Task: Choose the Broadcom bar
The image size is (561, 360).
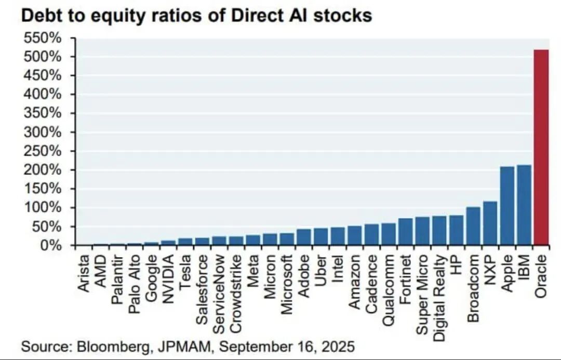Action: coord(473,226)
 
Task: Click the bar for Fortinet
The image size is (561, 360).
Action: coord(406,232)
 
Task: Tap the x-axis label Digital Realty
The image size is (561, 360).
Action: coord(439,297)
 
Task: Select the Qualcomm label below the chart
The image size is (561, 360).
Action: coord(389,290)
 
